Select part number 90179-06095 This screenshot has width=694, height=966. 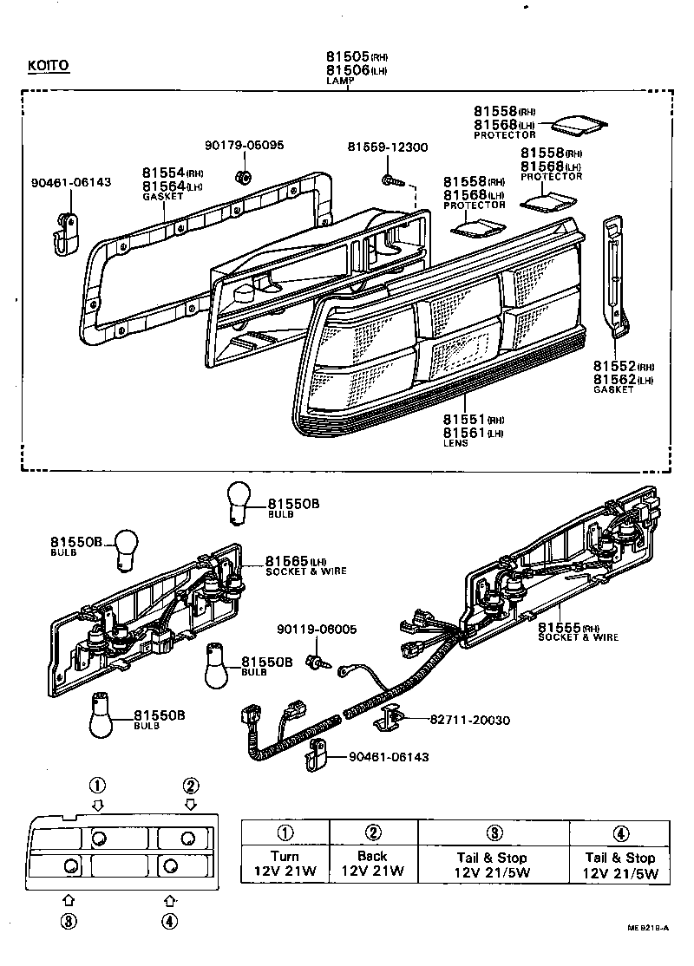(x=244, y=146)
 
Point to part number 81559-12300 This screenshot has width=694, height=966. (x=388, y=147)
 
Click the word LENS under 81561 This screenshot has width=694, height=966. (x=455, y=443)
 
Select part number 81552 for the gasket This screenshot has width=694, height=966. (x=615, y=366)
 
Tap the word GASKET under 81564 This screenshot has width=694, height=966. (x=162, y=197)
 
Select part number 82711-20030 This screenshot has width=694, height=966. (x=469, y=720)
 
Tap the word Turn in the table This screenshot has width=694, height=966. (x=284, y=856)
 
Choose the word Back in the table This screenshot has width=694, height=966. (x=372, y=856)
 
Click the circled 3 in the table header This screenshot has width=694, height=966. (x=494, y=833)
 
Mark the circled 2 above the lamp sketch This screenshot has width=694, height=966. (x=190, y=787)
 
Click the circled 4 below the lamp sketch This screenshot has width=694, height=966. (x=169, y=921)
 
